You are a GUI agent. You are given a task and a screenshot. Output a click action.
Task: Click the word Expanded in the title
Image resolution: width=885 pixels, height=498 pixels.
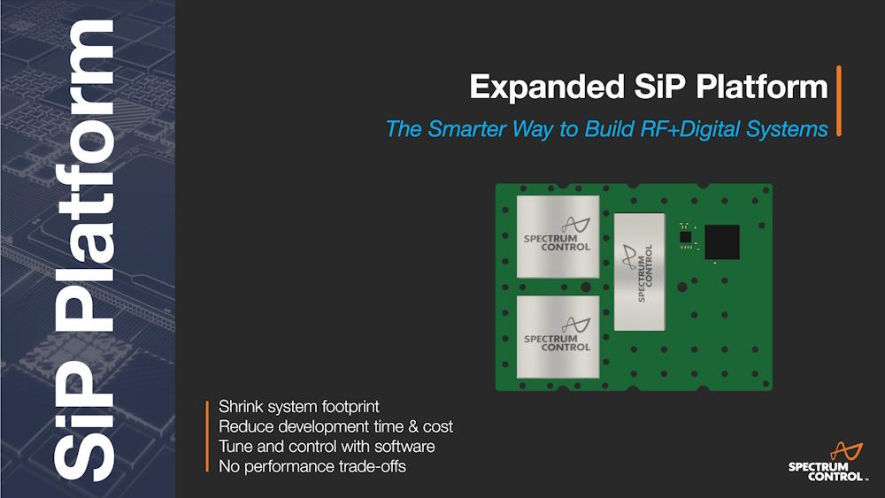click(x=546, y=88)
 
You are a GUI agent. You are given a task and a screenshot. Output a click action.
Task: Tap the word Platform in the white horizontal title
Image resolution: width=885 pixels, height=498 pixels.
click(x=761, y=87)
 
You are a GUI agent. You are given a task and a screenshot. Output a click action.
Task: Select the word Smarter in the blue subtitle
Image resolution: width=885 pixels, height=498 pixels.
click(x=466, y=129)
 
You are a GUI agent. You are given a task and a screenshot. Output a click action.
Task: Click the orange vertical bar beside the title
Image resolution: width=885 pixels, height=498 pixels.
click(x=839, y=101)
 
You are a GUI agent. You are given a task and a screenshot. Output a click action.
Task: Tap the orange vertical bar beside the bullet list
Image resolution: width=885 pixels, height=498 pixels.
click(x=207, y=436)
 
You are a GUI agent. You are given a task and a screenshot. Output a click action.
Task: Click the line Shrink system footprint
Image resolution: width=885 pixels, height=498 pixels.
click(x=298, y=407)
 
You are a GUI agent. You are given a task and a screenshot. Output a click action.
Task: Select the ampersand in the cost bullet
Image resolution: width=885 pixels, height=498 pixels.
click(x=413, y=426)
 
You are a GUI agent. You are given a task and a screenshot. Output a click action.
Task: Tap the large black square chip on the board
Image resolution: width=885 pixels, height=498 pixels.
click(x=722, y=242)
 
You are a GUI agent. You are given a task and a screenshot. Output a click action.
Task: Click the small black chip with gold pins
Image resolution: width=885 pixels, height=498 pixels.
click(x=685, y=236)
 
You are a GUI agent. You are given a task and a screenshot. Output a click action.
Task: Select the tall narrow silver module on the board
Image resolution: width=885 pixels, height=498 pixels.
click(x=640, y=272)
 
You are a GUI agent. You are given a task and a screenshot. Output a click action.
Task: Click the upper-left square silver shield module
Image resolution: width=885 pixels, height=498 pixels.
click(x=558, y=237)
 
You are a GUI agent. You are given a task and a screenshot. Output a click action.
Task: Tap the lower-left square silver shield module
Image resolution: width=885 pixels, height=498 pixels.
click(x=558, y=337)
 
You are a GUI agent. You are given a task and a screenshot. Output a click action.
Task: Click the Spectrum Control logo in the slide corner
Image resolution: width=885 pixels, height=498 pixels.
click(x=827, y=462)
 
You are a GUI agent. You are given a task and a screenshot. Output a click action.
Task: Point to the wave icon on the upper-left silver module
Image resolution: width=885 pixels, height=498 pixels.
click(x=575, y=225)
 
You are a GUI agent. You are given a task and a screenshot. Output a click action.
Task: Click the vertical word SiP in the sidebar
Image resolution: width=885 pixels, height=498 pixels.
click(x=85, y=419)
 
